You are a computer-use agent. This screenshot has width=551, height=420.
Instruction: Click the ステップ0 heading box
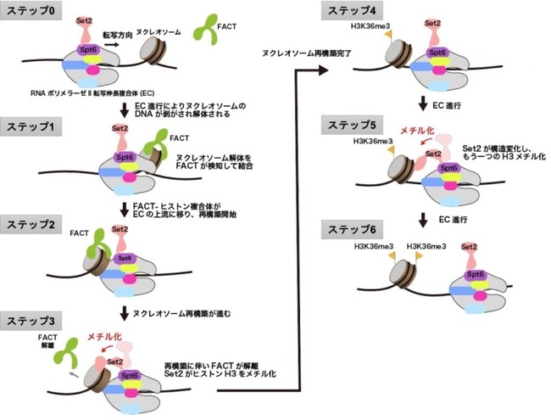pos(31,11)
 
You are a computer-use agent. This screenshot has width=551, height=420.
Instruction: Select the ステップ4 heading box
pos(352,11)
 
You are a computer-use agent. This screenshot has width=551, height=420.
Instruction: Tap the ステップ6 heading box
pos(352,230)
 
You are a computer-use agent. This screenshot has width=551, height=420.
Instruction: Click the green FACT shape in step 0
pos(206,30)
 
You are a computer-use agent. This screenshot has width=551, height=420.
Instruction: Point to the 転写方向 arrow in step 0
pos(112,45)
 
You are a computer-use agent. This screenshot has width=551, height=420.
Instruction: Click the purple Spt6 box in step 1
pos(124,157)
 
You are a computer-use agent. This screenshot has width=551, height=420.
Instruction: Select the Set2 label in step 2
pos(120,229)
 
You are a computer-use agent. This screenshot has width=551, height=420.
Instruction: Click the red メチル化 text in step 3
pos(104,337)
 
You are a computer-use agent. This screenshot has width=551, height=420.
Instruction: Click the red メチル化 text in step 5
pos(417,131)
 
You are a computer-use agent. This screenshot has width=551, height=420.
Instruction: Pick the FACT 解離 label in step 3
pos(47,341)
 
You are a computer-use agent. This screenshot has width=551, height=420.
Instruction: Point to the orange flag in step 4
pos(388,35)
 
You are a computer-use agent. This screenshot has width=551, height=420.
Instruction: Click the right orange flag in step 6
pos(419,255)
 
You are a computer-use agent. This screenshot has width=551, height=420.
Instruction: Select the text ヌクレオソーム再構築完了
pos(307,53)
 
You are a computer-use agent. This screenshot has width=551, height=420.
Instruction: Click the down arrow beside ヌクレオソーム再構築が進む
pos(124,314)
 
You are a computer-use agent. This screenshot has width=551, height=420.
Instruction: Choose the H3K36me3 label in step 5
pos(373,141)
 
